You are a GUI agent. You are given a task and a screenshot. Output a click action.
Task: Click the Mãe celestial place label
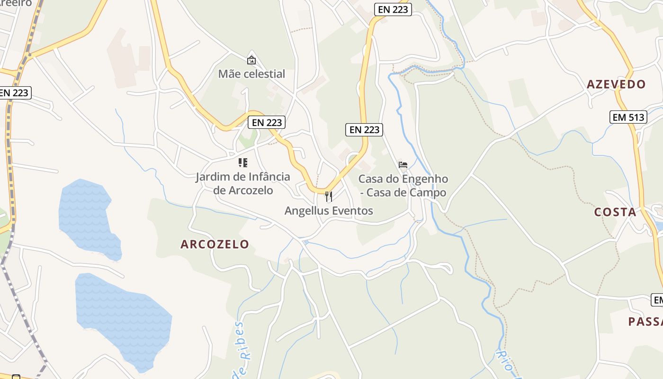point(251,74)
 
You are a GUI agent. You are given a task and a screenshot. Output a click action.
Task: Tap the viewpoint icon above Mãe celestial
point(251,60)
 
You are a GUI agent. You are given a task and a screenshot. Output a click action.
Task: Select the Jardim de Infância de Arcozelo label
point(243,183)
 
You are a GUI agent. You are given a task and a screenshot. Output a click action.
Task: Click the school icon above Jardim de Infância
point(243,163)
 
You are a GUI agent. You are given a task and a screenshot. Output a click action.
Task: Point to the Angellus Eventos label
point(329,211)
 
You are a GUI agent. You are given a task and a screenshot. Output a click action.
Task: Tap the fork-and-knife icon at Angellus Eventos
point(329,196)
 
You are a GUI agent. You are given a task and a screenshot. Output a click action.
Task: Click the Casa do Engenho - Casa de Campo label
point(403,186)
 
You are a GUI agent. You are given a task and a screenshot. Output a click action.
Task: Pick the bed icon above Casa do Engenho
point(403,165)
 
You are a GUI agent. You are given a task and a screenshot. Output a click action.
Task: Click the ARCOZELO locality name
point(215,244)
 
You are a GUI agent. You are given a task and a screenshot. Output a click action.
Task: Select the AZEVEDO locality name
point(616,85)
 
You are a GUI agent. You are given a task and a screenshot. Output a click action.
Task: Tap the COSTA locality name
point(615,212)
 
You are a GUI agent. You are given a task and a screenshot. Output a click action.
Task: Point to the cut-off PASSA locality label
point(645,322)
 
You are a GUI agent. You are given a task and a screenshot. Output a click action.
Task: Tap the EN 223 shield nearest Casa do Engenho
point(364,129)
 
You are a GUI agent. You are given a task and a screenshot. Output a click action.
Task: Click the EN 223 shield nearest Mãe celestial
point(267,122)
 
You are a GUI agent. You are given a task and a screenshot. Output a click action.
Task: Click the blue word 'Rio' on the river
point(504,360)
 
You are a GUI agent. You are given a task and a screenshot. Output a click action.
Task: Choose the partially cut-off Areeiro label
point(16,3)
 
